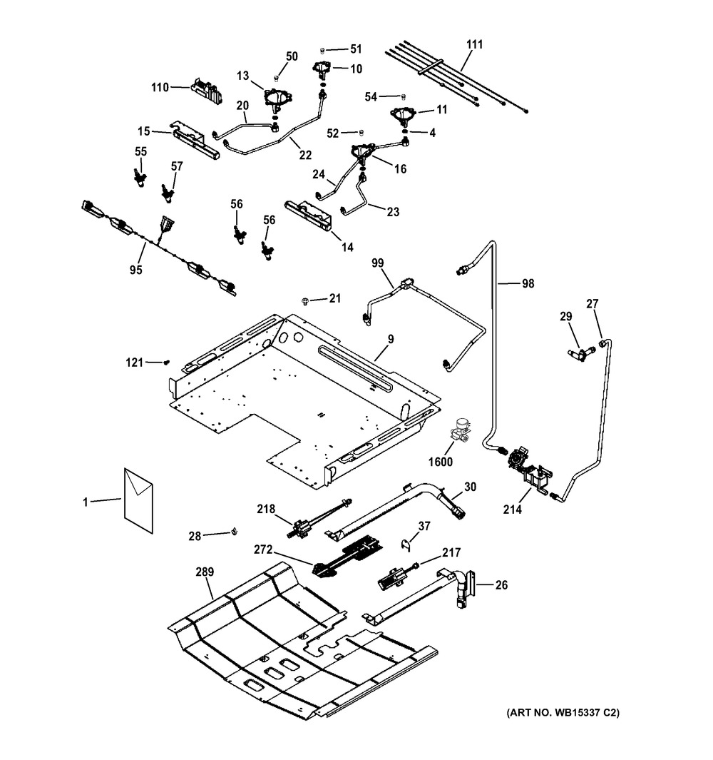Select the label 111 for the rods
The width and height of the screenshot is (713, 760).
pyautogui.click(x=475, y=44)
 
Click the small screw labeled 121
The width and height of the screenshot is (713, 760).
pyautogui.click(x=170, y=363)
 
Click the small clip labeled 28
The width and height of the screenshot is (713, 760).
pyautogui.click(x=234, y=531)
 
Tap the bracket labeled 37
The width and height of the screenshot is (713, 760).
pyautogui.click(x=406, y=544)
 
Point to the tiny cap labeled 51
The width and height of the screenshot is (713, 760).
pyautogui.click(x=322, y=50)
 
